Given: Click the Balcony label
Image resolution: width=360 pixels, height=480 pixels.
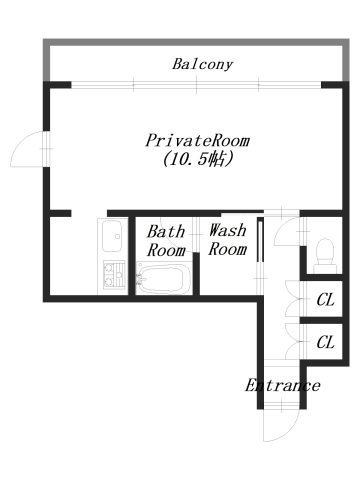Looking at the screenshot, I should pos(202,65).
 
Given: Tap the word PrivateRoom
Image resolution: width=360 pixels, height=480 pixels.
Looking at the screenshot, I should pos(196,141).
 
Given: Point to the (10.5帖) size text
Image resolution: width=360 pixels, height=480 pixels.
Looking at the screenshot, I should pos(196,160).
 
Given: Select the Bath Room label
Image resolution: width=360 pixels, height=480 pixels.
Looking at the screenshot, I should pos(166,240).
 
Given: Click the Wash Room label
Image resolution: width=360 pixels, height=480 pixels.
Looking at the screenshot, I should pos(227,240).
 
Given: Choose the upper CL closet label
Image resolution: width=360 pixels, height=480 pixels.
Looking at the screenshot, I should pos(325,299).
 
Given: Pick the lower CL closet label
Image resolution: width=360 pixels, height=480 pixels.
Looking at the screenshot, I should pos(325,342).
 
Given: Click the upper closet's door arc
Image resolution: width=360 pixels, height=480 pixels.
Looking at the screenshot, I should pos(291,297).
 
